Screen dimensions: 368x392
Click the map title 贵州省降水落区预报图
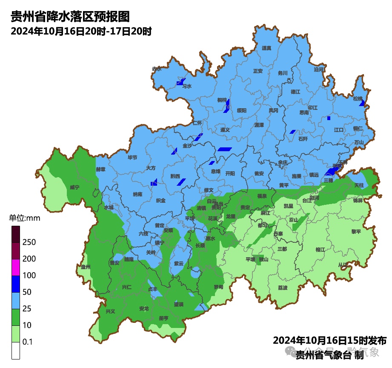click(70, 17)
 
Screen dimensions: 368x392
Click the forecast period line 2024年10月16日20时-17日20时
click(81, 31)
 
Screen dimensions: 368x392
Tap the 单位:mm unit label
click(24, 218)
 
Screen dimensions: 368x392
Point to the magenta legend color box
click(15, 267)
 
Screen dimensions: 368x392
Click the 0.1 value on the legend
click(28, 342)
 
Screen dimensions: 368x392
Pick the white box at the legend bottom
click(15, 351)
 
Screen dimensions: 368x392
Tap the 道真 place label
click(266, 48)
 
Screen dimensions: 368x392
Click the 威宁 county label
click(74, 187)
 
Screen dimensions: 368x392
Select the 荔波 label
click(283, 287)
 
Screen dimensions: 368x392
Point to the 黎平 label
click(356, 231)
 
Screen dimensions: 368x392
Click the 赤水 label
click(157, 69)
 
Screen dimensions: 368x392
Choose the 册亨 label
click(163, 318)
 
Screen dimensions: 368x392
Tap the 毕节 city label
click(133, 157)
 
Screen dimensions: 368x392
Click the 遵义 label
click(225, 129)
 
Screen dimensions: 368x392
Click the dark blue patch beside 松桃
click(362, 103)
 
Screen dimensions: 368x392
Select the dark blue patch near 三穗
click(332, 171)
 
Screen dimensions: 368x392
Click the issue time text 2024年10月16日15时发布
click(329, 340)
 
